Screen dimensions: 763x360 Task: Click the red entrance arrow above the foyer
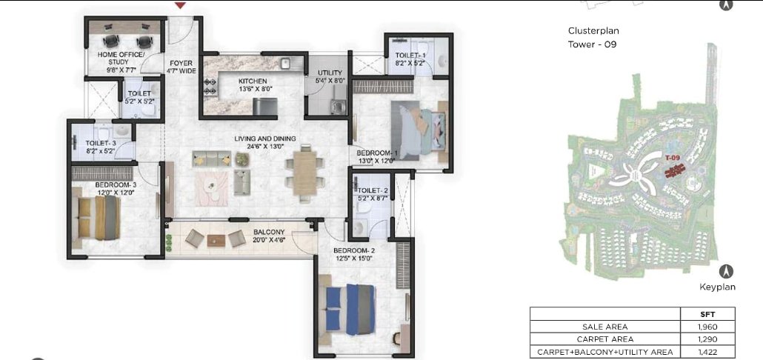pyautogui.click(x=181, y=5)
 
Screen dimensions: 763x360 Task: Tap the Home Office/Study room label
pyautogui.click(x=121, y=59)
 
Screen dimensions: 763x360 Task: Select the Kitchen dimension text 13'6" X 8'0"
pyautogui.click(x=253, y=89)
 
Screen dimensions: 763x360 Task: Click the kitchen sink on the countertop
pyautogui.click(x=285, y=62)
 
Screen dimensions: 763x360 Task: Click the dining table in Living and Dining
pyautogui.click(x=305, y=173)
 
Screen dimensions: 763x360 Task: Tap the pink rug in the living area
pyautogui.click(x=212, y=188)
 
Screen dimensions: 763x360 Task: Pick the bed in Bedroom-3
pyautogui.click(x=99, y=217)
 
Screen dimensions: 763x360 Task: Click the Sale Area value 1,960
pyautogui.click(x=708, y=327)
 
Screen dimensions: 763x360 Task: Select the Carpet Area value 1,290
pyautogui.click(x=708, y=339)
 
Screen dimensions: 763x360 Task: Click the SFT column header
pyautogui.click(x=708, y=314)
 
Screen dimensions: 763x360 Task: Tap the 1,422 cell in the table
pyautogui.click(x=708, y=352)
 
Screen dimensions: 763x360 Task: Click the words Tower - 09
pyautogui.click(x=592, y=44)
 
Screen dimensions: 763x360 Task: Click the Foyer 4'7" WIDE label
pyautogui.click(x=181, y=67)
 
